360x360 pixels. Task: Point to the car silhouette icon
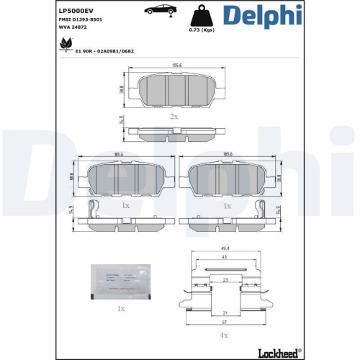point(159,10)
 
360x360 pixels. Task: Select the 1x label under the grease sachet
point(120,308)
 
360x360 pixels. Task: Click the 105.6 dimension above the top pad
point(176,67)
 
